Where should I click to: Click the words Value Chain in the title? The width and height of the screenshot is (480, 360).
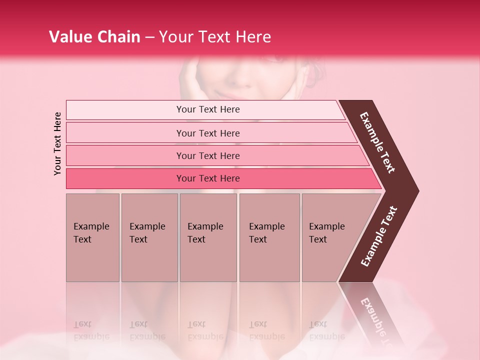94,37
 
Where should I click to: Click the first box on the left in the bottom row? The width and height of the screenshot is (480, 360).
92,237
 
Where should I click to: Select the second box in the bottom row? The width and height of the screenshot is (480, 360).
149,237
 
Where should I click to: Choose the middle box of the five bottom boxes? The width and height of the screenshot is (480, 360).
208,237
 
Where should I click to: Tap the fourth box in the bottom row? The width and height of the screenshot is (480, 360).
269,237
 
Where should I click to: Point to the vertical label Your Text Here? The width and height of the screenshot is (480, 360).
58,143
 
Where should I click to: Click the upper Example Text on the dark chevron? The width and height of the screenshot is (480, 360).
377,143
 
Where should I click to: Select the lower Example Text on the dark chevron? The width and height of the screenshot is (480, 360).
379,237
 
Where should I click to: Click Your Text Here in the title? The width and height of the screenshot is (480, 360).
214,37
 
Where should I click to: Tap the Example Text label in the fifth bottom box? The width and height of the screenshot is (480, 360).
326,232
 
